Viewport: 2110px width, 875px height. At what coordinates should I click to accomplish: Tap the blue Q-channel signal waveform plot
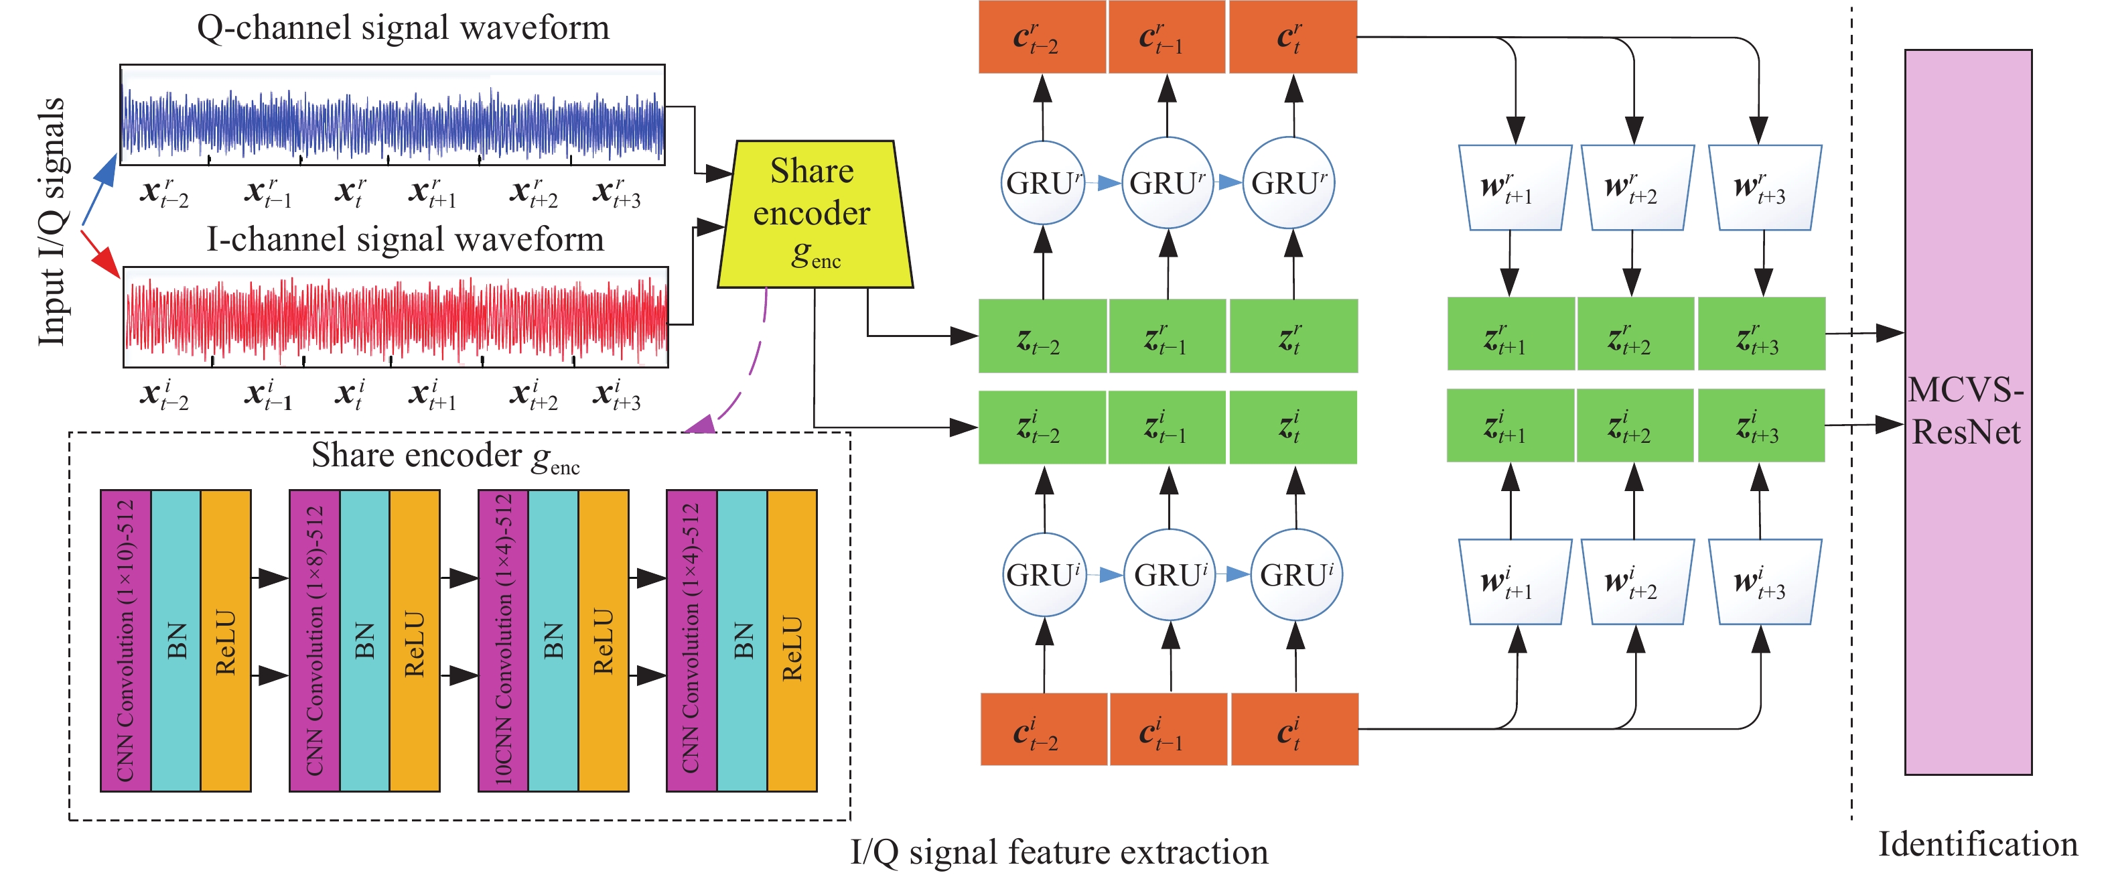tap(393, 115)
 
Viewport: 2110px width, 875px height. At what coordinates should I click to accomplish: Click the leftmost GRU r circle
tap(1043, 183)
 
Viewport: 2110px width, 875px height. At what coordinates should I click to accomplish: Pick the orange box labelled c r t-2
tap(1041, 38)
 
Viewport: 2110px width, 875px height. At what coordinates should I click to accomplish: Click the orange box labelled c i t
tap(1294, 729)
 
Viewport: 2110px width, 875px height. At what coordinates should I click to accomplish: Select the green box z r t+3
tap(1761, 334)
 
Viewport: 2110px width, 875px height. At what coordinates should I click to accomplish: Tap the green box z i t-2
tap(1042, 427)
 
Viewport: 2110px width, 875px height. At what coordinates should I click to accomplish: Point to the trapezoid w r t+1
tap(1515, 188)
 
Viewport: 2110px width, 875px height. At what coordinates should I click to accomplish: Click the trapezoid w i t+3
tap(1764, 582)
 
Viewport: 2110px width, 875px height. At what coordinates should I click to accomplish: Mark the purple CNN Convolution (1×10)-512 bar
tap(125, 641)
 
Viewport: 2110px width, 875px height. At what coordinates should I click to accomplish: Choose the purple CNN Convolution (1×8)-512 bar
tap(315, 641)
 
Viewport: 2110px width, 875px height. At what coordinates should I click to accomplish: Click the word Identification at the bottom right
tap(1977, 844)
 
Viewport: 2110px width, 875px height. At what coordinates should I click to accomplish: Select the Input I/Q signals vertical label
tap(52, 221)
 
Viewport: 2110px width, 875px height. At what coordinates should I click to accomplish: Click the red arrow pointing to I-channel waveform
tap(100, 253)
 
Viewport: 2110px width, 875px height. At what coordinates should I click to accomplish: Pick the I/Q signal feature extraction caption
tap(1058, 852)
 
